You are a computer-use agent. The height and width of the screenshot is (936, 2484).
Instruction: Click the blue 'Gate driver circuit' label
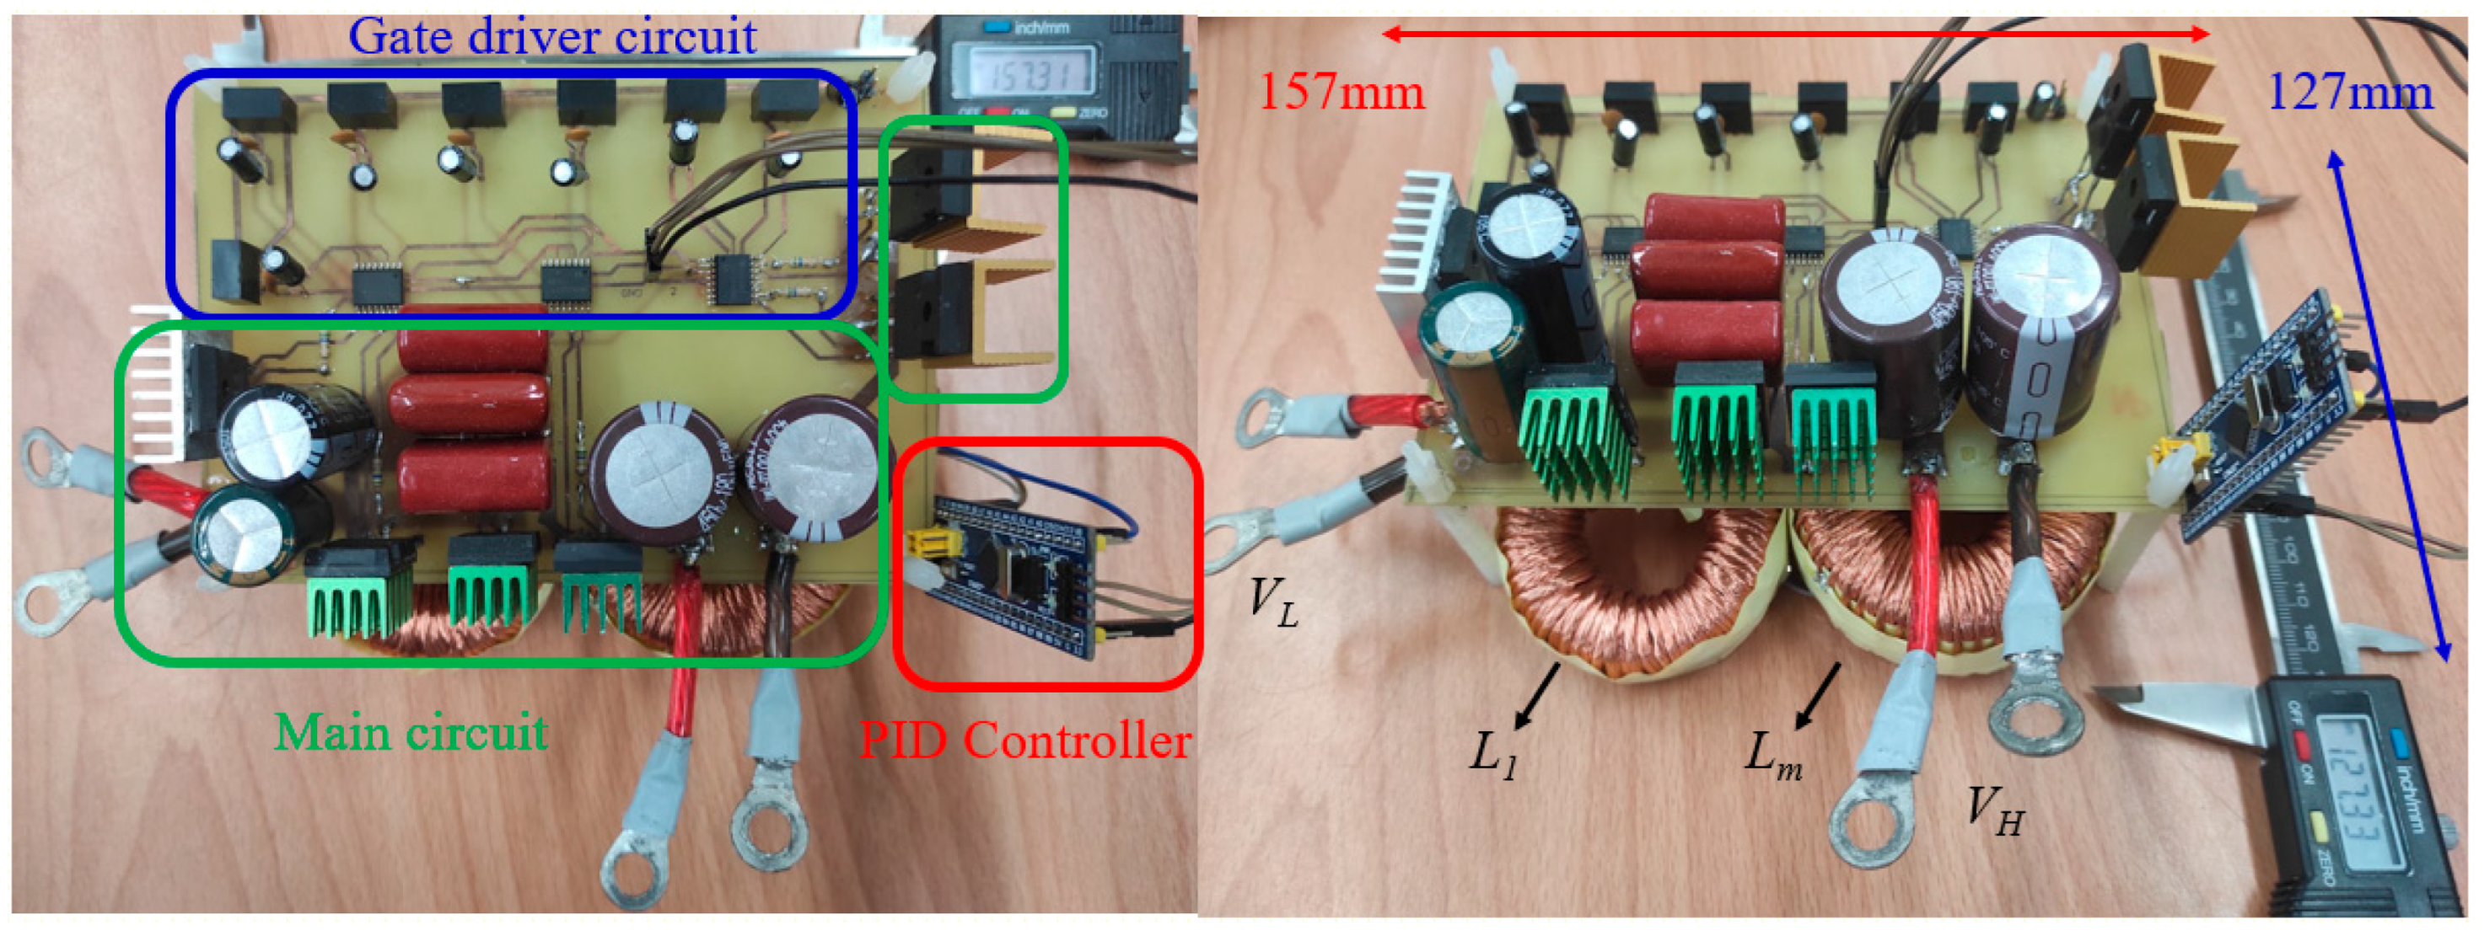click(x=552, y=36)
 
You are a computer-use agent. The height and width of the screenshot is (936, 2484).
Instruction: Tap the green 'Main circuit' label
click(x=411, y=733)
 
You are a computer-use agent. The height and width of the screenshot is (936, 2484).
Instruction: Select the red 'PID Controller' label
click(x=1025, y=741)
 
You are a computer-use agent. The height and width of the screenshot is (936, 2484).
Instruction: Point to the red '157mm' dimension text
click(x=1341, y=93)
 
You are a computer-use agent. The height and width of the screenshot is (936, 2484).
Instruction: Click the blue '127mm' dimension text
click(x=2350, y=93)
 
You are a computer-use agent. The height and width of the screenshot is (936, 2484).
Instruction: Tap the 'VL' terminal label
click(x=1273, y=600)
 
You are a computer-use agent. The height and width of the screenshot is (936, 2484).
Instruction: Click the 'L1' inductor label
click(x=1493, y=751)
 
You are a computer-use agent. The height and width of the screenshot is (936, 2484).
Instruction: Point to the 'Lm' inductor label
click(x=1772, y=751)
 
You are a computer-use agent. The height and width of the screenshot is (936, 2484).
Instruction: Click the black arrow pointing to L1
click(x=1537, y=696)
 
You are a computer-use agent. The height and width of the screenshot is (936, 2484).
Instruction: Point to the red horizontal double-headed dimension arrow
click(x=1794, y=35)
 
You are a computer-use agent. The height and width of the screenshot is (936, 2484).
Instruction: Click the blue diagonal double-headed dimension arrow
click(x=2390, y=405)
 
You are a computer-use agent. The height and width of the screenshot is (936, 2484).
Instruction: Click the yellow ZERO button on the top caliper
click(x=1063, y=112)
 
